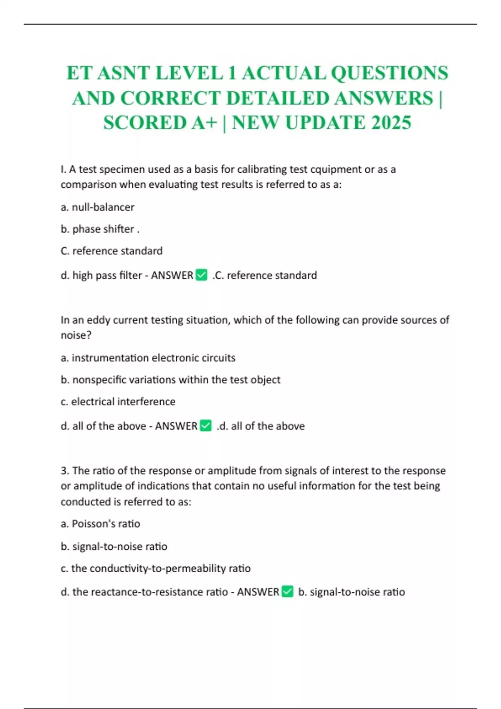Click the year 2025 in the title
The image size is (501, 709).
coord(391,123)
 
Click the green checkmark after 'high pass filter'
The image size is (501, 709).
coord(201,275)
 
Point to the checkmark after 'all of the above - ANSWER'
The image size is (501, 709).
coord(205,426)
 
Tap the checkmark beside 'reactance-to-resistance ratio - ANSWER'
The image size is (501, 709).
coord(287,592)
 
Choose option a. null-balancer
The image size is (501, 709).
coord(98,207)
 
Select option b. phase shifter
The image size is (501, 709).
coord(100,229)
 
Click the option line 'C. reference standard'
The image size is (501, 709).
coord(111,251)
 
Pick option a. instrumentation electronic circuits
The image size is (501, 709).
coord(148,358)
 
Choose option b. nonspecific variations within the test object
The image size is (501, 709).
coord(170,380)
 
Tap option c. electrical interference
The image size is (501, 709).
coord(118,402)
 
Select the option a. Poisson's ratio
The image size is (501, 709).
coord(101,524)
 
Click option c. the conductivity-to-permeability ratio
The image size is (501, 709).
coord(156,568)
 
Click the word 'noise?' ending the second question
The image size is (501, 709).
coord(76,335)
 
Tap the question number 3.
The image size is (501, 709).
coord(64,471)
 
